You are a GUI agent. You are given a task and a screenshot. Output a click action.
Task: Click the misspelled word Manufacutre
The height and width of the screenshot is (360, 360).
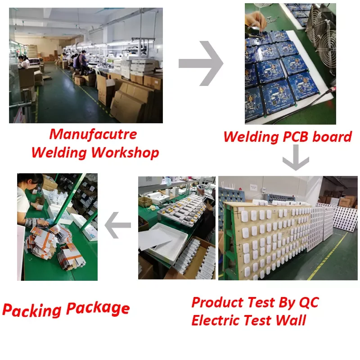tap(93, 134)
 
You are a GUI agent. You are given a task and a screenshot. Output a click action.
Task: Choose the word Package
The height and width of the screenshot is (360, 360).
tap(98, 309)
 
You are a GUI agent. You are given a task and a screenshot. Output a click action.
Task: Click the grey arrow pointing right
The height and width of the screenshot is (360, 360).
tap(201, 63)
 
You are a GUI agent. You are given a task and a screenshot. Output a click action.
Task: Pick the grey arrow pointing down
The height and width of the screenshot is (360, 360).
tap(295, 160)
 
